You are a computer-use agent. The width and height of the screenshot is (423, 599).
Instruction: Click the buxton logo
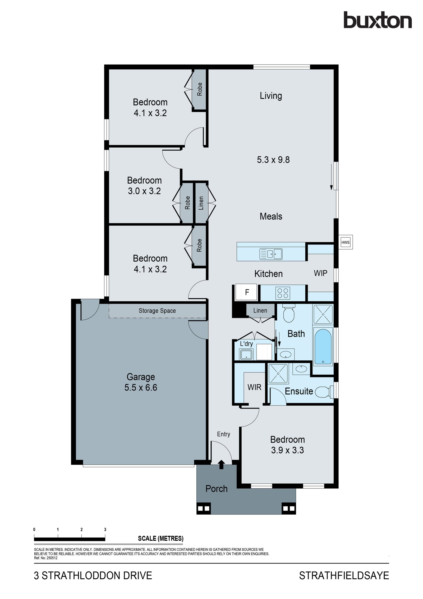378,20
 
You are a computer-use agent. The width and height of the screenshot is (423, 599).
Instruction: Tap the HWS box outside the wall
346,242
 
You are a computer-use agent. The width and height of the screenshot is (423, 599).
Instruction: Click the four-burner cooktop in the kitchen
283,293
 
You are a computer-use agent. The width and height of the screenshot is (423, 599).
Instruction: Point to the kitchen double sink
271,254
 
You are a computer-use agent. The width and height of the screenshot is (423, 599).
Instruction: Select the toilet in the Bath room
288,314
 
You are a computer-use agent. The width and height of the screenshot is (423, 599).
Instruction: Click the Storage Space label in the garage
157,311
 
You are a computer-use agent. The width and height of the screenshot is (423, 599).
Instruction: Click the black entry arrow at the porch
221,464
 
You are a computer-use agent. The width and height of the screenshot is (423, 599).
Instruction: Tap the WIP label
320,273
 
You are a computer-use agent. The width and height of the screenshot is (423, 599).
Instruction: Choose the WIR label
254,387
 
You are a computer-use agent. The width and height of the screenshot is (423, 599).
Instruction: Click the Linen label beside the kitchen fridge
260,310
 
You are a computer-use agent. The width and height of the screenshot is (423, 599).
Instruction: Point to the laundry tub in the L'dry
246,354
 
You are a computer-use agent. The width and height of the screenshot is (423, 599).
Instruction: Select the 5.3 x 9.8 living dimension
273,160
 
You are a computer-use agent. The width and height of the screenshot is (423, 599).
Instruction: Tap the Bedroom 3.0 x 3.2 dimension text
144,191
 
